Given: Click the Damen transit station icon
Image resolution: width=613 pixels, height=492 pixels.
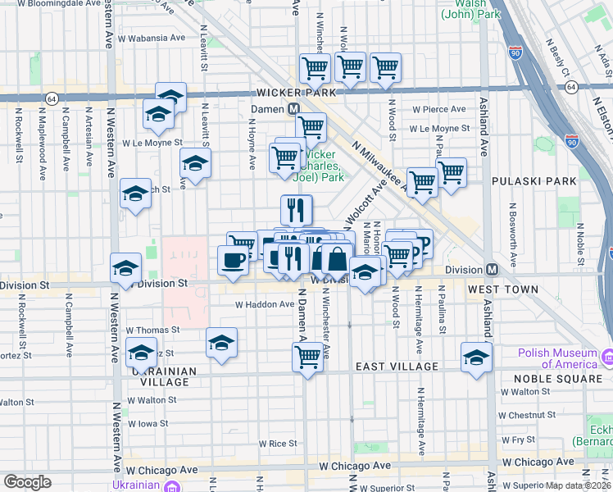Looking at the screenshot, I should click(292, 109).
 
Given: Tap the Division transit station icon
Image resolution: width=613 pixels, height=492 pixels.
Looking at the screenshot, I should click(493, 270).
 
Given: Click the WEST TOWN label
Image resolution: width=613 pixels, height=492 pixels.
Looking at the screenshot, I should click(503, 289).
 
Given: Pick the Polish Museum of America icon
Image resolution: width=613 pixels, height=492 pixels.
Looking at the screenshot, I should click(607, 358).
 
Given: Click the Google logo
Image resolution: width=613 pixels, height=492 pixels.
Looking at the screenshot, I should click(27, 482).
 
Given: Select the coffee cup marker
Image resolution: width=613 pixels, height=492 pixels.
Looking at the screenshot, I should click(233, 260).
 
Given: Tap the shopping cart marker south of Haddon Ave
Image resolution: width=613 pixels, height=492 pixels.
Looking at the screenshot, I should click(307, 357).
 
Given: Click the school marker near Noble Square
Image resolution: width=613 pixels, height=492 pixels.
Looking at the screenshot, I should click(476, 358).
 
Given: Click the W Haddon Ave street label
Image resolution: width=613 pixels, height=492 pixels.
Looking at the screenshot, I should click(264, 304).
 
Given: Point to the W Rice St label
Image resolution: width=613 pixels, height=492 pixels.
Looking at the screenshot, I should click(277, 444).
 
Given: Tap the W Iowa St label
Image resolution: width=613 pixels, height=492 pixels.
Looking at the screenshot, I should click(148, 424).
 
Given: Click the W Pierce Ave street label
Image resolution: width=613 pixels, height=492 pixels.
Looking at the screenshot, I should click(438, 109).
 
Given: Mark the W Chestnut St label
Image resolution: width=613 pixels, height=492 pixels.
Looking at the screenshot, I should click(532, 416).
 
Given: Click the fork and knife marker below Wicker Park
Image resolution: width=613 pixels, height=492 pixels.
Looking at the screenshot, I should click(296, 209).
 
